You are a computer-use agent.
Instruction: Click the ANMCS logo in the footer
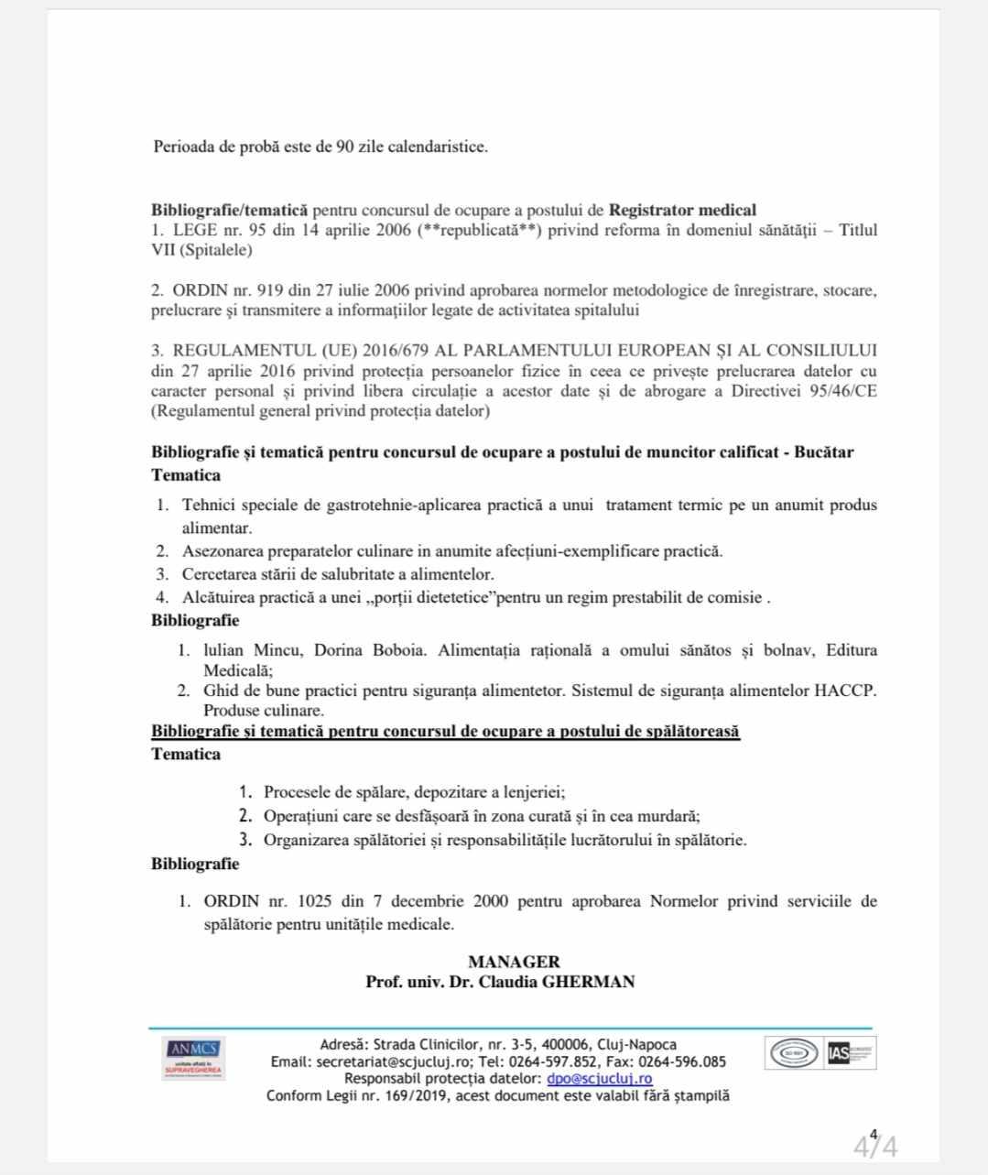coord(193,1058)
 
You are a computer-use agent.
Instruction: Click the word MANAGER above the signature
coord(514,962)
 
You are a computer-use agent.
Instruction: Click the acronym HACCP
coord(844,690)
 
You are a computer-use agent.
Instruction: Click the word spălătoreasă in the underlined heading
coord(684,732)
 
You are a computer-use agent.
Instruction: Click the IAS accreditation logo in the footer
coord(852,1053)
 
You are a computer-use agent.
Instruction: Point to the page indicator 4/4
coord(875,1145)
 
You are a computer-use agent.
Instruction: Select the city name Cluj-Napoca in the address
coord(636,1045)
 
